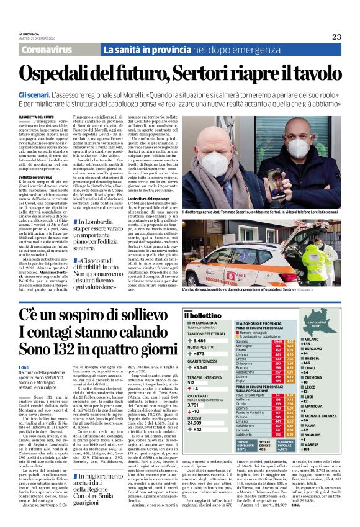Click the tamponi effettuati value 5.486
199,341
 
